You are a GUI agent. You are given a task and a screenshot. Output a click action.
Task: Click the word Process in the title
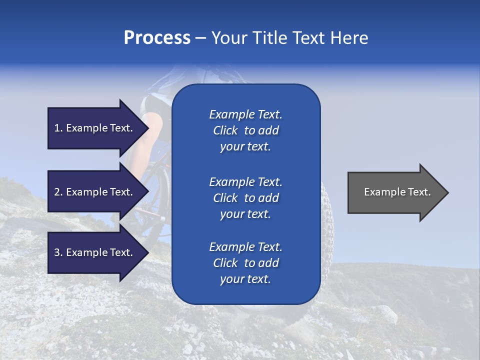click(157, 38)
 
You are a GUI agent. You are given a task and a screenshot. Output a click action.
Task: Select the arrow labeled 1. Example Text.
click(95, 128)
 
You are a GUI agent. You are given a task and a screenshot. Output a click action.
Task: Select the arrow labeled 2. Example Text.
click(95, 192)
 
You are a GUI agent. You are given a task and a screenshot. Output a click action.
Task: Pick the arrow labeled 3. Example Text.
click(95, 252)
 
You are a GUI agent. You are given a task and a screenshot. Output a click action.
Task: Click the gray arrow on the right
click(395, 192)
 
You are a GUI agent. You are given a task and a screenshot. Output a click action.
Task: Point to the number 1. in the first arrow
click(58, 128)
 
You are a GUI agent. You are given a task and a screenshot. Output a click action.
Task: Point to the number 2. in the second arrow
click(58, 192)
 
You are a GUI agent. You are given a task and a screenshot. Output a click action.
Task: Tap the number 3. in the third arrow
click(58, 252)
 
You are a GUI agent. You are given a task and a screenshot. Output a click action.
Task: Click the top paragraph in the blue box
click(245, 130)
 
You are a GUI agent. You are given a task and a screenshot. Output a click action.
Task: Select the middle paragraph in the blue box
click(245, 198)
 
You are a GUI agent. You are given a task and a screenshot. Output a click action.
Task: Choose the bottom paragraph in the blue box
click(245, 263)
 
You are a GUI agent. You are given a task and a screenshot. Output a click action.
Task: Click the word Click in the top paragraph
click(225, 131)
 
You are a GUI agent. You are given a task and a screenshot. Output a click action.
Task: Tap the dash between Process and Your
click(200, 38)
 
